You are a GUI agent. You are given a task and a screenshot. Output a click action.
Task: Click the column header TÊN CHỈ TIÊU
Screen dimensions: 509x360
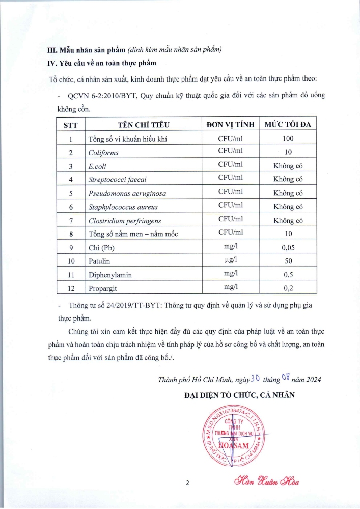click(x=143, y=125)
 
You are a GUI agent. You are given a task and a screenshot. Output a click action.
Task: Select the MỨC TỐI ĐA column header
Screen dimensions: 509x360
click(x=288, y=125)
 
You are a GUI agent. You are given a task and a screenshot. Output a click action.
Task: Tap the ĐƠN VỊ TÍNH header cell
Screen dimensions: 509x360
click(x=230, y=125)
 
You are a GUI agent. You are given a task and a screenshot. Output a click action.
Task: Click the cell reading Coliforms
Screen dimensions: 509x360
click(x=103, y=152)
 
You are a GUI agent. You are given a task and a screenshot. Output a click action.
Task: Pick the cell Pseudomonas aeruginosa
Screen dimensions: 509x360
click(x=127, y=194)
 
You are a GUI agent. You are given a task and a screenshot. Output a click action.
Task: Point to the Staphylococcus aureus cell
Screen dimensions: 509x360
click(x=123, y=207)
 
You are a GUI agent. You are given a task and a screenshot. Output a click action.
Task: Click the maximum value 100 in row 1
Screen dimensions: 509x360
click(x=288, y=138)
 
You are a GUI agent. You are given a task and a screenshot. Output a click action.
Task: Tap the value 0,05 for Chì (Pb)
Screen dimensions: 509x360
click(x=288, y=248)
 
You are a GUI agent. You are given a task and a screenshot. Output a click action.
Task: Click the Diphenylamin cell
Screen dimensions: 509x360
click(x=110, y=275)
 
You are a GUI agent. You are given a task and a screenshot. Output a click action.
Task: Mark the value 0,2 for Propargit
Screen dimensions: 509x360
click(x=288, y=288)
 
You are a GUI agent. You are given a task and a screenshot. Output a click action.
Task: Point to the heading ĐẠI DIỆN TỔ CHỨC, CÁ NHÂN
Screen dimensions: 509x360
click(x=239, y=394)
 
